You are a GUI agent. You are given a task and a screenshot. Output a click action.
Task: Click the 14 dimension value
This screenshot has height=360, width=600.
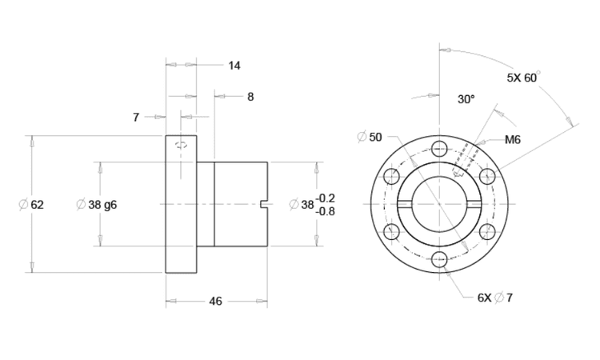pos(234,66)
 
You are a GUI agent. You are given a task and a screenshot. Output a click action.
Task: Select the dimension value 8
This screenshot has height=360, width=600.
pos(250,97)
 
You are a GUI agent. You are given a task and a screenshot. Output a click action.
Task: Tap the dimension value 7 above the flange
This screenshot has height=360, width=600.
pos(136,118)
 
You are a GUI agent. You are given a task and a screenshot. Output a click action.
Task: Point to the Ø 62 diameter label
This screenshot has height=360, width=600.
pos(31,205)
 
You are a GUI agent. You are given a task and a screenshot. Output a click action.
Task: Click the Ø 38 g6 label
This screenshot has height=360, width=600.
pos(96,205)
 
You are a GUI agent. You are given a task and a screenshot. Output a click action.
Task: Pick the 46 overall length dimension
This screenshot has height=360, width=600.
pos(215,302)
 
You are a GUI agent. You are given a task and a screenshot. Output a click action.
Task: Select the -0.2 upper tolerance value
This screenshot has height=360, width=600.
pos(326,198)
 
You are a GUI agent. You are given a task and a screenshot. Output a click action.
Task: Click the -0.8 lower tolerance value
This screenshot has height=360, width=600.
pos(326,211)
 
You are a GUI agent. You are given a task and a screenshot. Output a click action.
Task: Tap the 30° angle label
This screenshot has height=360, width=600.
pos(466,100)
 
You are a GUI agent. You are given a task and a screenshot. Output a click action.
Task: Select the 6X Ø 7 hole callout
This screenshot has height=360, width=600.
pos(495,298)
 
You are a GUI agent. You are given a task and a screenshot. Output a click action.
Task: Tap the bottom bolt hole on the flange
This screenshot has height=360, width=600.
pos(439,259)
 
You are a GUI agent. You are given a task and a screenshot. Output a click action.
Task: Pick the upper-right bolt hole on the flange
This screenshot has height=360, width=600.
pos(487,177)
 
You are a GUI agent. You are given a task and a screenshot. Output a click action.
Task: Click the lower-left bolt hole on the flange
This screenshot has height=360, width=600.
pos(391,232)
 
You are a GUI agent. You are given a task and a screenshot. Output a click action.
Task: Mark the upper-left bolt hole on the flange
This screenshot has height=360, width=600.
pos(391,177)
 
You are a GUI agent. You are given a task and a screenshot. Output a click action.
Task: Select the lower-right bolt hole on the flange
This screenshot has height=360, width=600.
pos(487,232)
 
